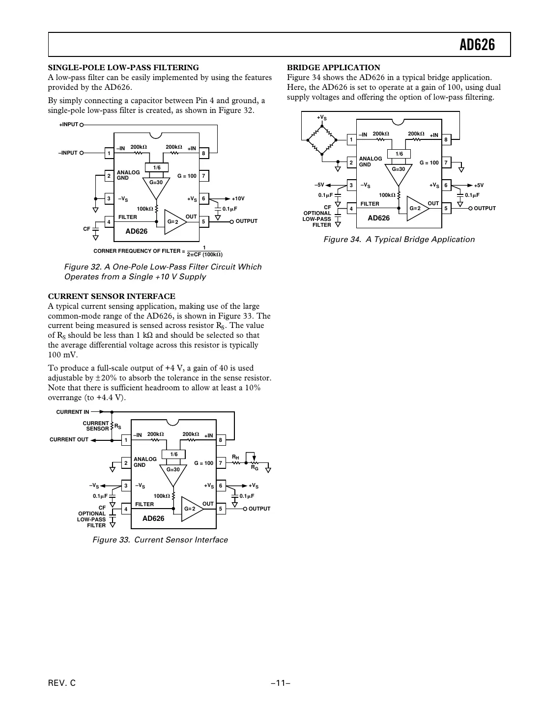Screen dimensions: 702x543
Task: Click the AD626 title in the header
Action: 477,45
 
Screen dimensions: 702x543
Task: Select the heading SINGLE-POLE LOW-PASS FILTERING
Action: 123,68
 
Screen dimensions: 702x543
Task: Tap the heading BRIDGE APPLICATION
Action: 333,68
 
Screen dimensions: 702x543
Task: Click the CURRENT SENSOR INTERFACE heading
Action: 112,297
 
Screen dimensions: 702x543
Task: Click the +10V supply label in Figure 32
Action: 238,199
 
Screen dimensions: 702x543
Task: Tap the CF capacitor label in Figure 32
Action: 86,229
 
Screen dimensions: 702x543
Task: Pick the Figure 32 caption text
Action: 163,272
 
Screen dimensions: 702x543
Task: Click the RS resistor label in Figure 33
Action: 118,427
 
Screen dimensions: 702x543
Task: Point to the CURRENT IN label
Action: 73,412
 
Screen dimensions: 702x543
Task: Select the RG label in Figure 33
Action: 255,467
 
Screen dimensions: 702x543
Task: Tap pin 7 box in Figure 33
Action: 221,463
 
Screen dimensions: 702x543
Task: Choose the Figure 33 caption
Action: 160,540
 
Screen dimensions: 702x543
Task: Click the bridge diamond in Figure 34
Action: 322,140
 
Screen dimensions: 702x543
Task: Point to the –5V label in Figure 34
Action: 319,185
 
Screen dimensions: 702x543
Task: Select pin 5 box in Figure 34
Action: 446,208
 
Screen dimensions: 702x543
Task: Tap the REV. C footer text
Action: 62,683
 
